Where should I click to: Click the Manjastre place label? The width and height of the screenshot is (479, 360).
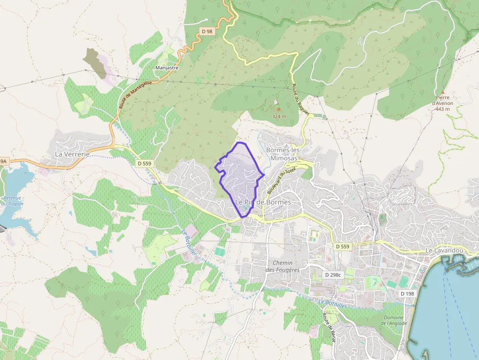coord(167,68)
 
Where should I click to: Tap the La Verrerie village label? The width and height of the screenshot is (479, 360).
coord(72,154)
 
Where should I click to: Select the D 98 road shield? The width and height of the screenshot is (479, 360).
coord(207,31)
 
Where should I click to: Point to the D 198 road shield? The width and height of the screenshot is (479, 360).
coord(407,294)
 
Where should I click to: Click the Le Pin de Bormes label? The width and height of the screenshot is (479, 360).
coord(263,202)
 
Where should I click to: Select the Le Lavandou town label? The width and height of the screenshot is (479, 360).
coord(444,251)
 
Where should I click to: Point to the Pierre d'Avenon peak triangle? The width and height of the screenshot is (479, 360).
coord(442,92)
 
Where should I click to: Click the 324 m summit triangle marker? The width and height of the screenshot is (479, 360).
coord(279,109)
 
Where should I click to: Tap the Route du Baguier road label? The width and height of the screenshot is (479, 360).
coord(301,100)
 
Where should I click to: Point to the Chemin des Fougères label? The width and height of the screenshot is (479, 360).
coord(283,266)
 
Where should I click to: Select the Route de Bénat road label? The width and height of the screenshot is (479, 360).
coord(327,327)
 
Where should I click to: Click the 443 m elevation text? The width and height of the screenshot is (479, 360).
coord(442,109)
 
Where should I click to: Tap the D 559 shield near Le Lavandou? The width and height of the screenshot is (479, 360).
coord(343,247)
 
